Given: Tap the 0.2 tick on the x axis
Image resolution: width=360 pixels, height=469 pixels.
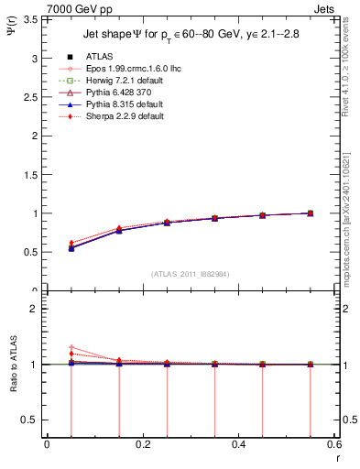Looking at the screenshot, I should [x=142, y=444].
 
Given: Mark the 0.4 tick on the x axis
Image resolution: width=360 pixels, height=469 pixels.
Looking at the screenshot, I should [x=238, y=444].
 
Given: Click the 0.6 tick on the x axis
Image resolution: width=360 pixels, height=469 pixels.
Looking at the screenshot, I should [x=333, y=444].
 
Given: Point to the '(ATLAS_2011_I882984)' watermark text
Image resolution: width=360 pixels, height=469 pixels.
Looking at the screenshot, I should [x=190, y=274].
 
